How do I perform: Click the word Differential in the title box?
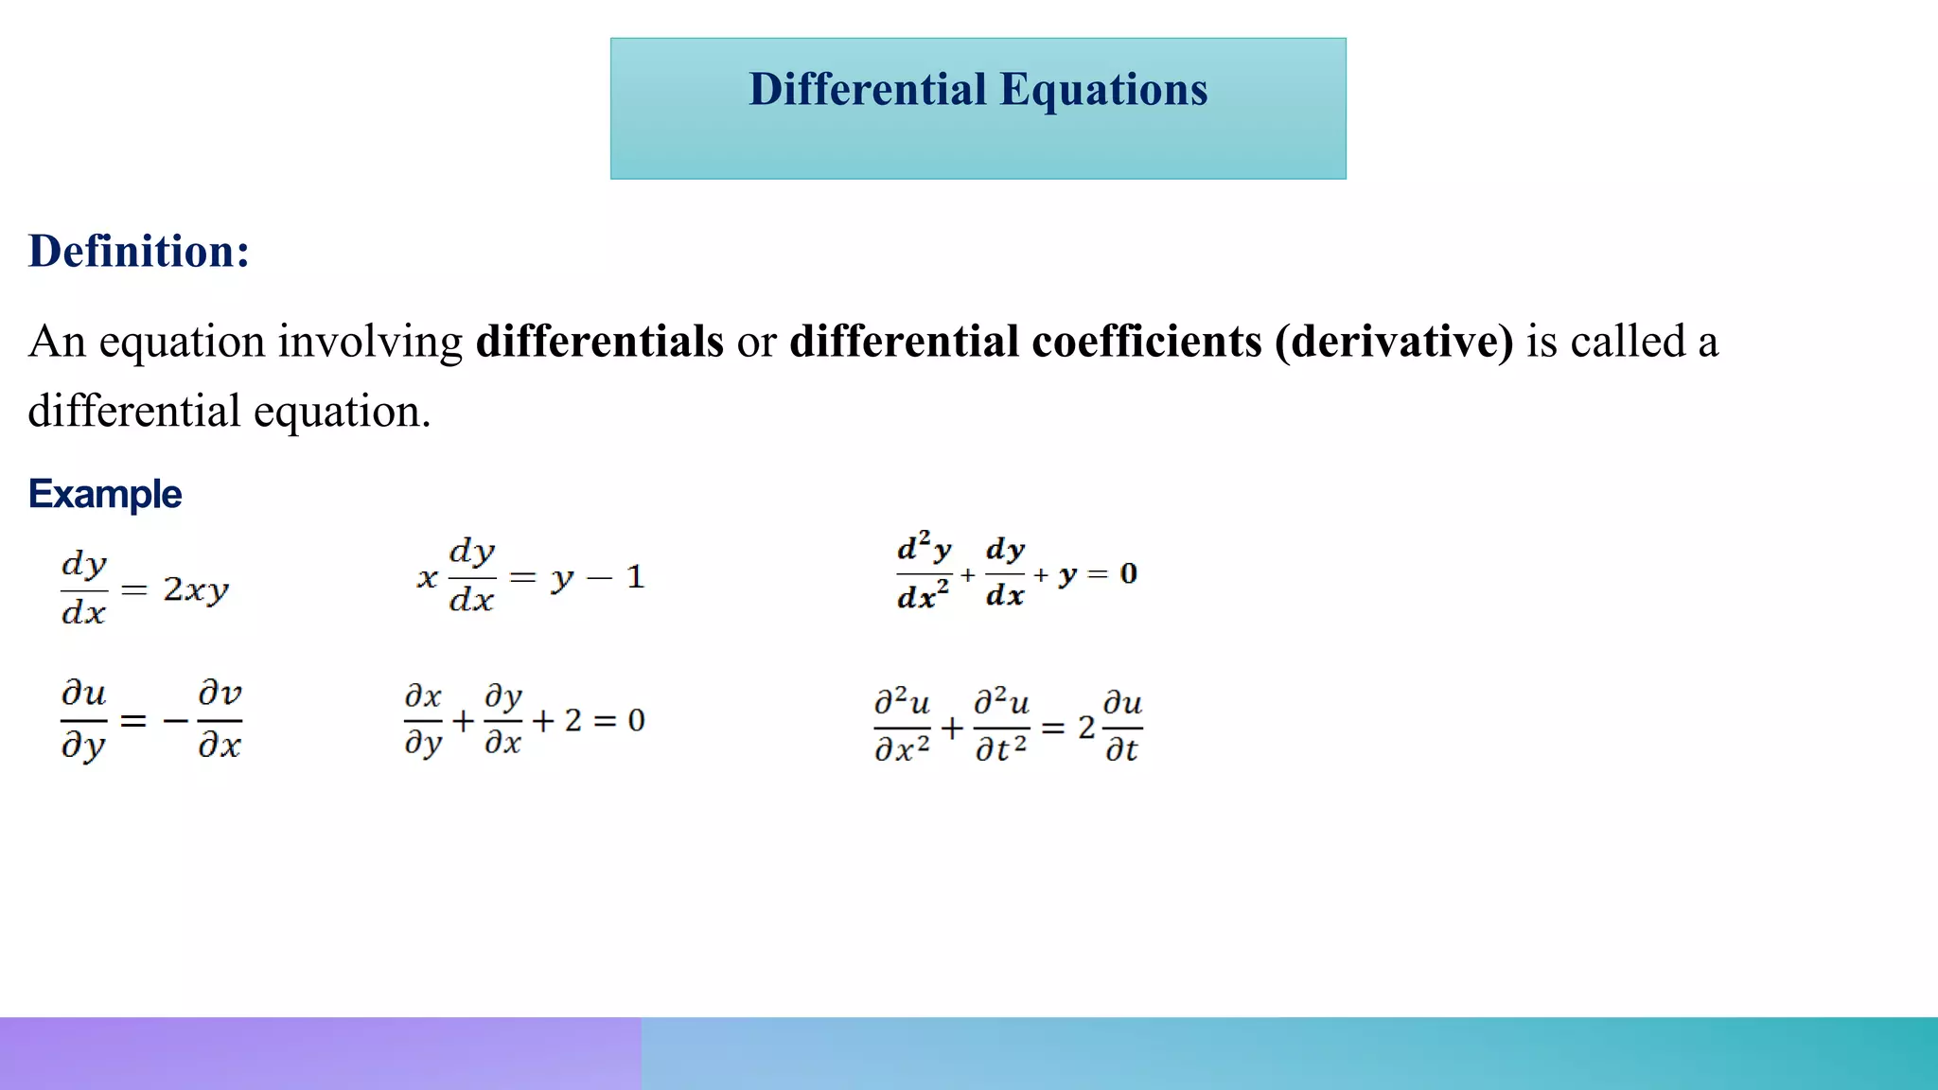pyautogui.click(x=868, y=91)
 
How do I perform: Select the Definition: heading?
pyautogui.click(x=139, y=252)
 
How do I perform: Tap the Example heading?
pyautogui.click(x=105, y=494)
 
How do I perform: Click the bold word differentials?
pyautogui.click(x=599, y=342)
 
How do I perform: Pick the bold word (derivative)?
pyautogui.click(x=1394, y=342)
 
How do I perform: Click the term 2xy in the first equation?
pyautogui.click(x=196, y=590)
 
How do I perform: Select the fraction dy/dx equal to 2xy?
pyautogui.click(x=83, y=589)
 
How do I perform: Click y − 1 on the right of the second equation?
pyautogui.click(x=598, y=577)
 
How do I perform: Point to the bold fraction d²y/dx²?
pyautogui.click(x=924, y=573)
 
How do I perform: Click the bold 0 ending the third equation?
pyautogui.click(x=1128, y=573)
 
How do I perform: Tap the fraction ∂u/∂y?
pyautogui.click(x=83, y=720)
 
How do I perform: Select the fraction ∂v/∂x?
pyautogui.click(x=220, y=720)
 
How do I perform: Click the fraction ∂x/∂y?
pyautogui.click(x=423, y=721)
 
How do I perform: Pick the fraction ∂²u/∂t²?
pyautogui.click(x=1001, y=727)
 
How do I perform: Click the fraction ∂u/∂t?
pyautogui.click(x=1123, y=727)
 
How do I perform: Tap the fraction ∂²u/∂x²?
pyautogui.click(x=902, y=727)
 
